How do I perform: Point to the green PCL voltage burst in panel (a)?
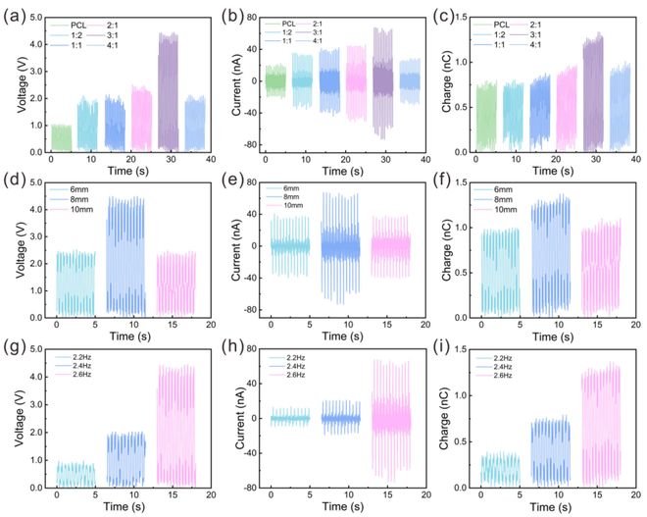pos(61,137)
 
